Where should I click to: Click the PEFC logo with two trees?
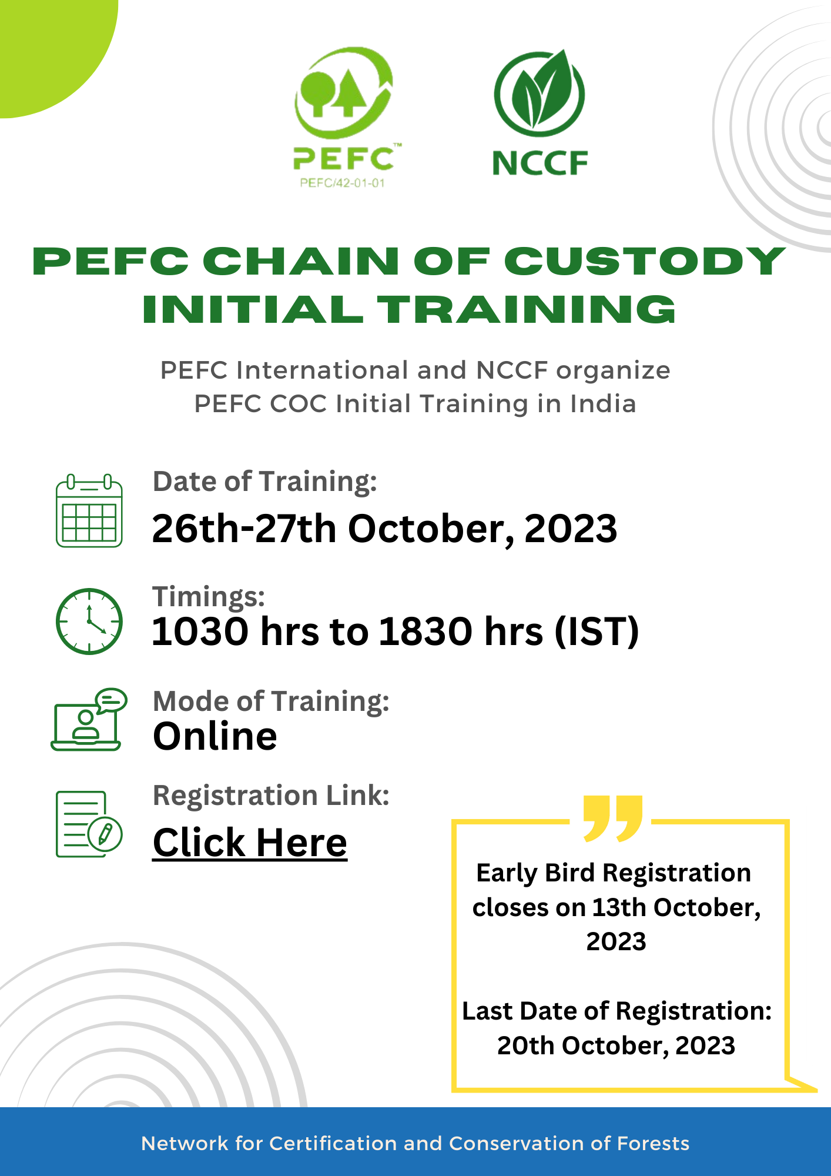344,94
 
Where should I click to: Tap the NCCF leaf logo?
540,94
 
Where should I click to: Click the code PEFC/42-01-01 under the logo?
343,183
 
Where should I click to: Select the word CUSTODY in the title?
645,261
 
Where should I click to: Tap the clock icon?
89,621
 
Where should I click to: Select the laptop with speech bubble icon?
89,720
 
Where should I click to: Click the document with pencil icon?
89,824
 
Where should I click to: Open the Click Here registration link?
250,843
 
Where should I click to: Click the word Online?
215,736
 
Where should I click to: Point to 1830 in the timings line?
425,632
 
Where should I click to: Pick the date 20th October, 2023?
616,1045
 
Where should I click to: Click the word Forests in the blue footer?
653,1143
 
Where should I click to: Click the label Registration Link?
271,796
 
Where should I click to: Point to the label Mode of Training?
271,701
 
